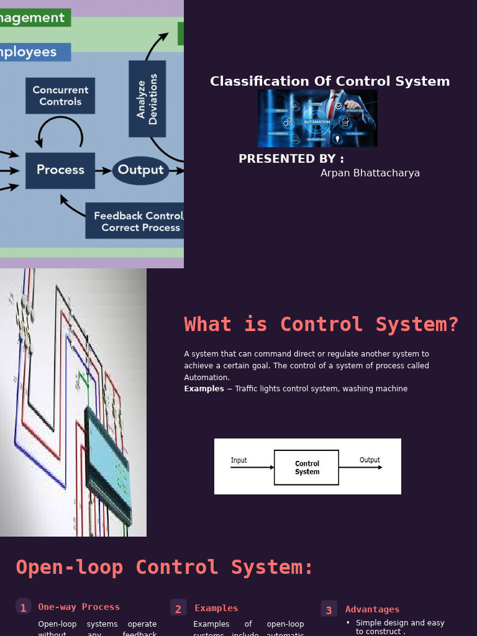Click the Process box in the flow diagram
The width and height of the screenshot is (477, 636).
pyautogui.click(x=60, y=170)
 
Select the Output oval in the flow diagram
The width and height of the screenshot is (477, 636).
pyautogui.click(x=140, y=170)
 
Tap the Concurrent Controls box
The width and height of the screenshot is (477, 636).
pyautogui.click(x=60, y=96)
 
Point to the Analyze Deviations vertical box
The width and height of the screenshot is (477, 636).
pyautogui.click(x=147, y=99)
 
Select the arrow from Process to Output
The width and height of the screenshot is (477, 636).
pyautogui.click(x=103, y=170)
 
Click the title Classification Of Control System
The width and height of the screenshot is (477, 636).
pyautogui.click(x=330, y=81)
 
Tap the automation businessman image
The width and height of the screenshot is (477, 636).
pyautogui.click(x=317, y=118)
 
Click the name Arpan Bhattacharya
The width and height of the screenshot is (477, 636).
pyautogui.click(x=370, y=173)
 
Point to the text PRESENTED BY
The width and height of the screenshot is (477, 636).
pyautogui.click(x=291, y=159)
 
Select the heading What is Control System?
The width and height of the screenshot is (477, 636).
pyautogui.click(x=321, y=324)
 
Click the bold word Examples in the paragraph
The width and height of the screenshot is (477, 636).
pyautogui.click(x=204, y=389)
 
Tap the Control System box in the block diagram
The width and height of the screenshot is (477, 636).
pyautogui.click(x=307, y=468)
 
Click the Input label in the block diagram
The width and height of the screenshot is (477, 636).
pyautogui.click(x=239, y=460)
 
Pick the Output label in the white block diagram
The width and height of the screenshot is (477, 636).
pyautogui.click(x=370, y=460)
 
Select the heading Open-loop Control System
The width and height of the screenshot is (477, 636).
pyautogui.click(x=165, y=567)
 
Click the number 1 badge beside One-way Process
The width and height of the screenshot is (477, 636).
pyautogui.click(x=23, y=607)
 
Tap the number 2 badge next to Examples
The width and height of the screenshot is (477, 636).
pyautogui.click(x=178, y=609)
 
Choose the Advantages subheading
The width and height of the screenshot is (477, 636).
pyautogui.click(x=372, y=609)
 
